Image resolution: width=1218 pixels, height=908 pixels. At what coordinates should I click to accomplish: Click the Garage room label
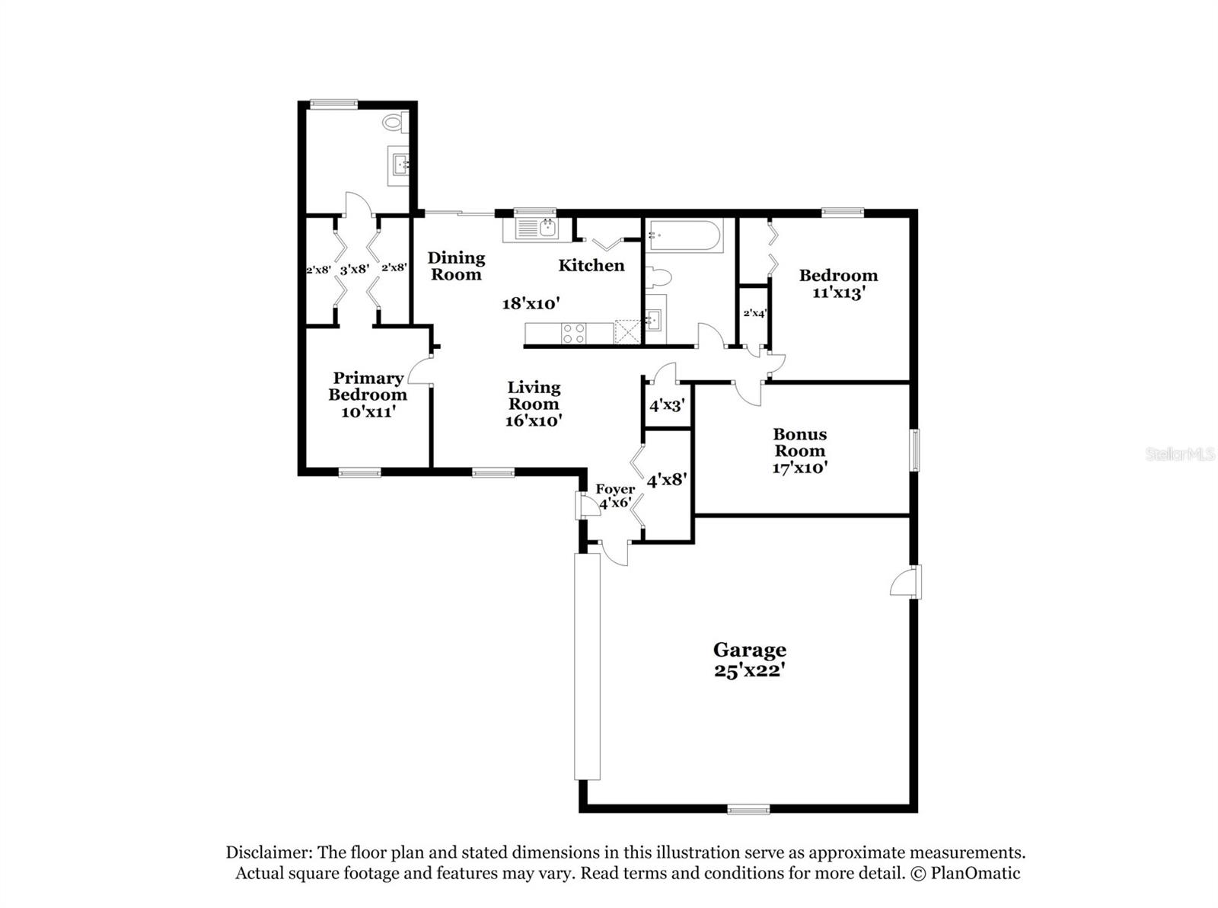pos(749,650)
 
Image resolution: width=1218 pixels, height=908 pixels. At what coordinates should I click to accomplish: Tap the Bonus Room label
pos(799,442)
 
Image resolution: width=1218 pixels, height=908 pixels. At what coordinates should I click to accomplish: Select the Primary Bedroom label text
pos(368,386)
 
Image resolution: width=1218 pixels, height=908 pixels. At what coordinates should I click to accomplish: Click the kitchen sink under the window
pos(537,228)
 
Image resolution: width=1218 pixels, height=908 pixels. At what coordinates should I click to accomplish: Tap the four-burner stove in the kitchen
pos(573,333)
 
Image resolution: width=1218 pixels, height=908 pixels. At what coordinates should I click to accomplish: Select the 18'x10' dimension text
pos(531,303)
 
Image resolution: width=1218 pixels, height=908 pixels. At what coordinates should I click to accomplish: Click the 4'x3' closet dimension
pos(667,406)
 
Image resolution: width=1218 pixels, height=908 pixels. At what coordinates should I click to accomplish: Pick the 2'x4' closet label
pos(754,313)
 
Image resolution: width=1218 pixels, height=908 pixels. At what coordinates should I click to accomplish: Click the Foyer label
pos(614,489)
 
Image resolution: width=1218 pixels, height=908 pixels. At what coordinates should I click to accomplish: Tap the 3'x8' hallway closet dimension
pos(355,269)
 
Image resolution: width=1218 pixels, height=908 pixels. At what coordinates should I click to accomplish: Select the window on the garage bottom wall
pos(748,810)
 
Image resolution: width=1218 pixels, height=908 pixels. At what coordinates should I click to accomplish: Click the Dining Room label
pos(456,266)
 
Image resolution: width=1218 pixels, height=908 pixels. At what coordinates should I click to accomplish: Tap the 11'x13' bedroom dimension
pos(837,293)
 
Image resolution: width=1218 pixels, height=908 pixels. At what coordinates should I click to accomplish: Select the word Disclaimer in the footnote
pos(268,852)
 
